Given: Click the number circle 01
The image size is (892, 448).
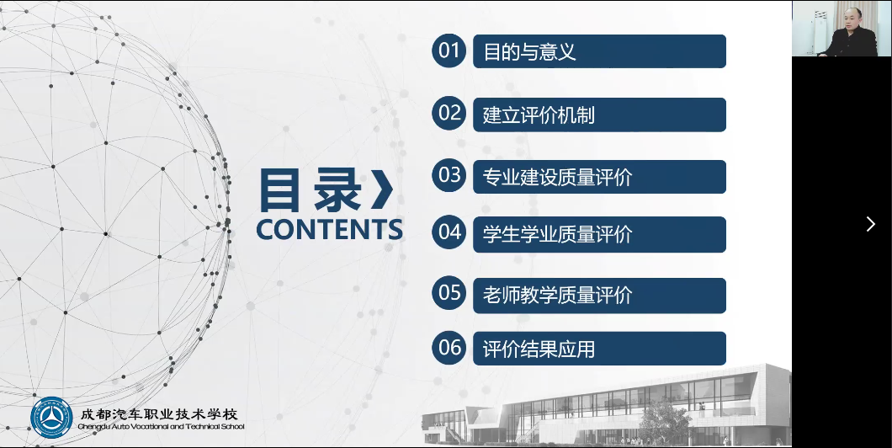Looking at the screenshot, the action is pyautogui.click(x=449, y=51).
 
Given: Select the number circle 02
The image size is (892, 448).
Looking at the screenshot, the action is pyautogui.click(x=449, y=114).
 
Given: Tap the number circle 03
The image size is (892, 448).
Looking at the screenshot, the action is pyautogui.click(x=449, y=175).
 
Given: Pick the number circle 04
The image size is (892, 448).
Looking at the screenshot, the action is pyautogui.click(x=449, y=232).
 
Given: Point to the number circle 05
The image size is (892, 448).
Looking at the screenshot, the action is pyautogui.click(x=449, y=293).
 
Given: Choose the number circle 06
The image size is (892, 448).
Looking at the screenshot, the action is pyautogui.click(x=449, y=347).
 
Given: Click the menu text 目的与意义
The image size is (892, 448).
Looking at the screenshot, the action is pyautogui.click(x=529, y=52).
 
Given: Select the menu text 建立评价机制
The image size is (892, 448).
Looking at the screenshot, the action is pyautogui.click(x=539, y=115).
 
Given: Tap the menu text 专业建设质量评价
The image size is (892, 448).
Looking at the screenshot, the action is pyautogui.click(x=557, y=178).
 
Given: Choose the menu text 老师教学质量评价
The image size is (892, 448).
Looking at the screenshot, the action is pyautogui.click(x=557, y=296).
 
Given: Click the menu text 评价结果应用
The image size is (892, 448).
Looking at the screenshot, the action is pyautogui.click(x=539, y=349).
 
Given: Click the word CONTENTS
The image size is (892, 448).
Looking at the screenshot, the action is pyautogui.click(x=329, y=229).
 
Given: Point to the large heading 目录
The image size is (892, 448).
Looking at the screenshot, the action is pyautogui.click(x=311, y=190).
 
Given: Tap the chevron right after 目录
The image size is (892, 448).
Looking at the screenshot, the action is pyautogui.click(x=382, y=190).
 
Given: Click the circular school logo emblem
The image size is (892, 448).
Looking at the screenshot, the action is pyautogui.click(x=52, y=418).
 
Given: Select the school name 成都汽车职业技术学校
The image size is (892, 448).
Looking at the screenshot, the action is pyautogui.click(x=159, y=413).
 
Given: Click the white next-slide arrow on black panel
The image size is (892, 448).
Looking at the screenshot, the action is pyautogui.click(x=870, y=224).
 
